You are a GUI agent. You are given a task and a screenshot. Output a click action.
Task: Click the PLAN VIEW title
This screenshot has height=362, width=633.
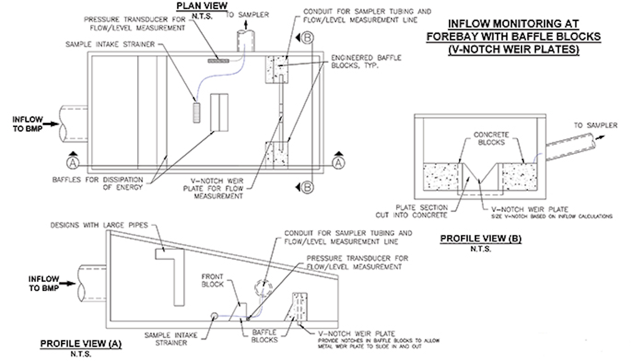(202, 6)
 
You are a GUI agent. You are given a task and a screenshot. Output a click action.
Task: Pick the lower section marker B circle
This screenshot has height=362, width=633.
(308, 188)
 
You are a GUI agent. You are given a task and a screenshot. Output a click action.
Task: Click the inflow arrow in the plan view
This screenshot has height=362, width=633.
(51, 124)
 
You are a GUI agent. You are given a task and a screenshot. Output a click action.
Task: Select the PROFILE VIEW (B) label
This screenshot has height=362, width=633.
(481, 239)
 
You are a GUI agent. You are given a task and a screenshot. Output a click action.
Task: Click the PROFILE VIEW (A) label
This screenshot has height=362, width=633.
(81, 344)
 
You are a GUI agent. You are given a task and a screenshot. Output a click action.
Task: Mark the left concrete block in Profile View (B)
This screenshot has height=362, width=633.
(440, 177)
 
